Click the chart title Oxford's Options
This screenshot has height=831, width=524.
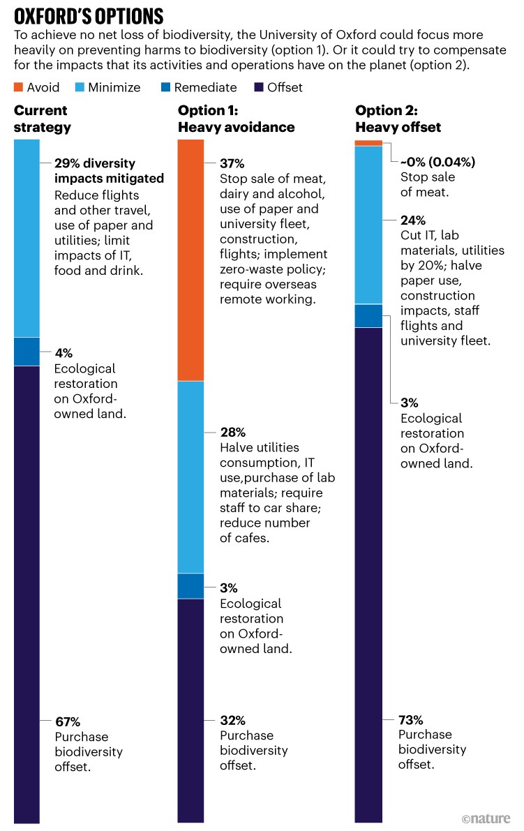pos(89,16)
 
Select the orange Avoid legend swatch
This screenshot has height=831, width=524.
pos(19,88)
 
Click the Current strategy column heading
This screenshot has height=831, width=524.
pos(42,119)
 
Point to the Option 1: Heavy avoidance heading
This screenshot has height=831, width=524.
pos(236,119)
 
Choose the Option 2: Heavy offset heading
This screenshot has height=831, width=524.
pos(398,119)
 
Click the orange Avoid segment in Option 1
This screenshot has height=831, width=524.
pos(190,260)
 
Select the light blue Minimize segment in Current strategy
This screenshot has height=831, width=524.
pos(27,238)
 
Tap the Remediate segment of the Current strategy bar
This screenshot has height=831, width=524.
pos(27,352)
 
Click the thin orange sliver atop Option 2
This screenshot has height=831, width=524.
pos(368,143)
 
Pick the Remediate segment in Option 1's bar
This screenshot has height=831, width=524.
pos(190,586)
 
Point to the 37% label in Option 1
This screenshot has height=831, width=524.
pos(232,163)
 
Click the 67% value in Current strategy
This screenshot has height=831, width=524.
pos(68,721)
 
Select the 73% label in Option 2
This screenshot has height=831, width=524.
pos(411,719)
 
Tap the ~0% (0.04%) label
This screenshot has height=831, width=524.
pos(437,162)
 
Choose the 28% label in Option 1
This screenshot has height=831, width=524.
pos(232,433)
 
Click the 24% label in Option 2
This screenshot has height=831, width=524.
pos(413,220)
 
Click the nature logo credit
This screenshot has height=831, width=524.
pos(486,818)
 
